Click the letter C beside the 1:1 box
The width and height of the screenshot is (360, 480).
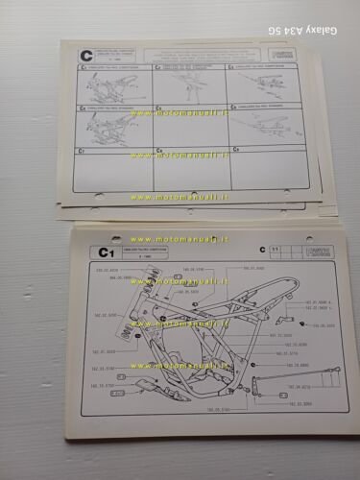point(261,250)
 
